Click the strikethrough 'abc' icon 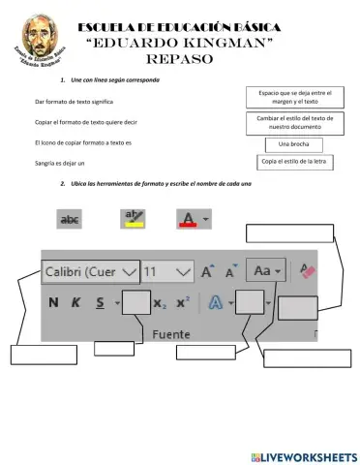[71, 220]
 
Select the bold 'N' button [53, 302]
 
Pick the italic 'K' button [75, 302]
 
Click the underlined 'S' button [100, 302]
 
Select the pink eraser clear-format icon [309, 270]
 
